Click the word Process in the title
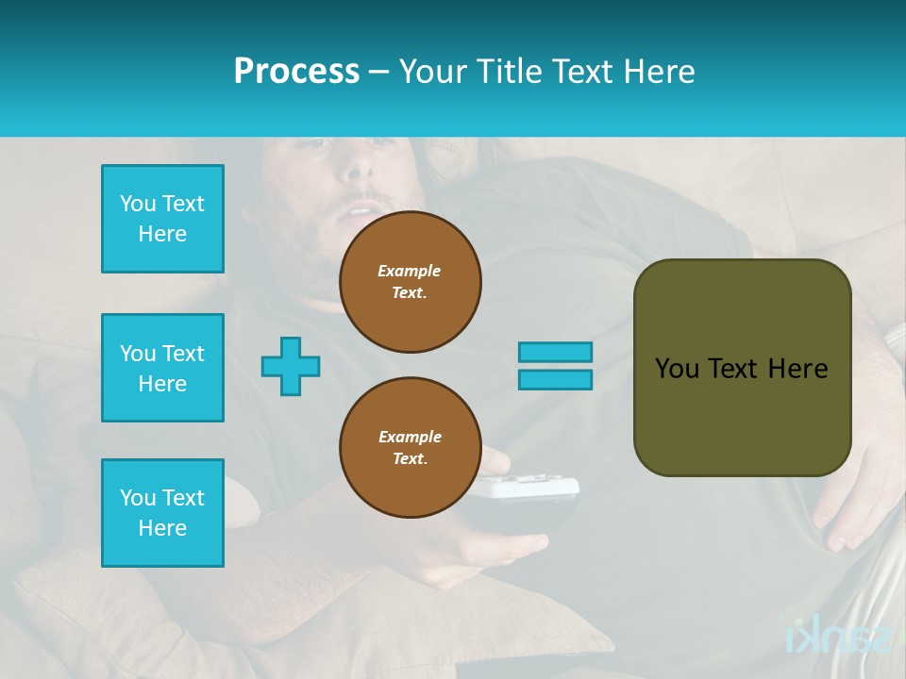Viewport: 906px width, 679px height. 296,72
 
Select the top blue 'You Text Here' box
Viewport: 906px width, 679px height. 162,219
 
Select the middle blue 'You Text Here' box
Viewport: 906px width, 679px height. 162,368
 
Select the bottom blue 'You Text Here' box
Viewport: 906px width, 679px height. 162,513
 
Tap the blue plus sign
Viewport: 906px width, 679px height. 291,366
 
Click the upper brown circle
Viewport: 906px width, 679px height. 411,282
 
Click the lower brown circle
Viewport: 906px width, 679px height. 411,448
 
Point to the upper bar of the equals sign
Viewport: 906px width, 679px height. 555,352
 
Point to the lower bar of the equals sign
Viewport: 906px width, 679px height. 555,379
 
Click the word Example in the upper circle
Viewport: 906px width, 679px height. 410,271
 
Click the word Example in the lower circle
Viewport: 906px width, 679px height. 410,437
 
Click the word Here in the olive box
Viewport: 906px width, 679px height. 797,369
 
